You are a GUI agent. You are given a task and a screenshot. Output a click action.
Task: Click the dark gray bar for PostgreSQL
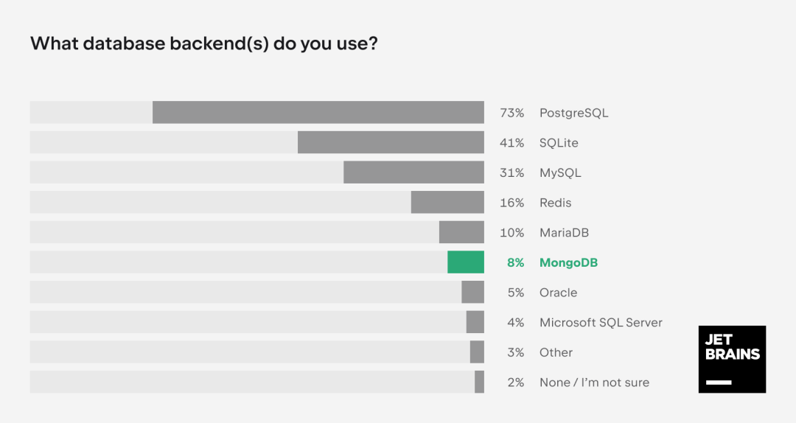[x=318, y=112]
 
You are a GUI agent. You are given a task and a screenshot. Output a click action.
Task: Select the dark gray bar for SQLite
[x=391, y=142]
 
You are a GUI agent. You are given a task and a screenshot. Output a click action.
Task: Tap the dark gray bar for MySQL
[x=413, y=172]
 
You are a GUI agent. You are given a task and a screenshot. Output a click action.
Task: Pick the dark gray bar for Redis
[x=447, y=202]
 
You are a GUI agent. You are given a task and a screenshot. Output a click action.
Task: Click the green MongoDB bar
[x=466, y=262]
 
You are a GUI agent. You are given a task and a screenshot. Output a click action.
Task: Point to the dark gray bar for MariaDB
[x=461, y=232]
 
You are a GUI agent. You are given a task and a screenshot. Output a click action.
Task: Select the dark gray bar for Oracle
[x=472, y=292]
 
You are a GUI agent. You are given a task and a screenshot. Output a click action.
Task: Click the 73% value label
[x=512, y=113]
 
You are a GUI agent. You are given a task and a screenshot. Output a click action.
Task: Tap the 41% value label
[x=512, y=143]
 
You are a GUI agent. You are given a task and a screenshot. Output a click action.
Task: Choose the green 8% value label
[x=515, y=262]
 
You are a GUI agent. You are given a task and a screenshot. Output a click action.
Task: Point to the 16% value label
[x=512, y=203]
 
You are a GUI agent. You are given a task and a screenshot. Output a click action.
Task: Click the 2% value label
[x=516, y=382]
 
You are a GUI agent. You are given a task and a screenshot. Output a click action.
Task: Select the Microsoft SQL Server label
[x=601, y=323]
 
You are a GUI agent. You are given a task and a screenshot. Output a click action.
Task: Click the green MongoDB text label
[x=568, y=263]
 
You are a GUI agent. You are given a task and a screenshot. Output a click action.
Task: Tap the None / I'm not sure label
[x=595, y=382]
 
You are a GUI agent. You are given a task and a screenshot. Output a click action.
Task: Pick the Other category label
[x=556, y=352]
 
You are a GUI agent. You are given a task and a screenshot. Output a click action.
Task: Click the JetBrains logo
[x=732, y=359]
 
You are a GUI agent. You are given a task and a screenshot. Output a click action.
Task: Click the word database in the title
[x=125, y=43]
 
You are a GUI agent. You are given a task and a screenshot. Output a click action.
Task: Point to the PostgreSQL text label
[x=573, y=113]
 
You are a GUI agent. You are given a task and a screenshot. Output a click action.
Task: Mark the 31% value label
[x=512, y=172]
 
